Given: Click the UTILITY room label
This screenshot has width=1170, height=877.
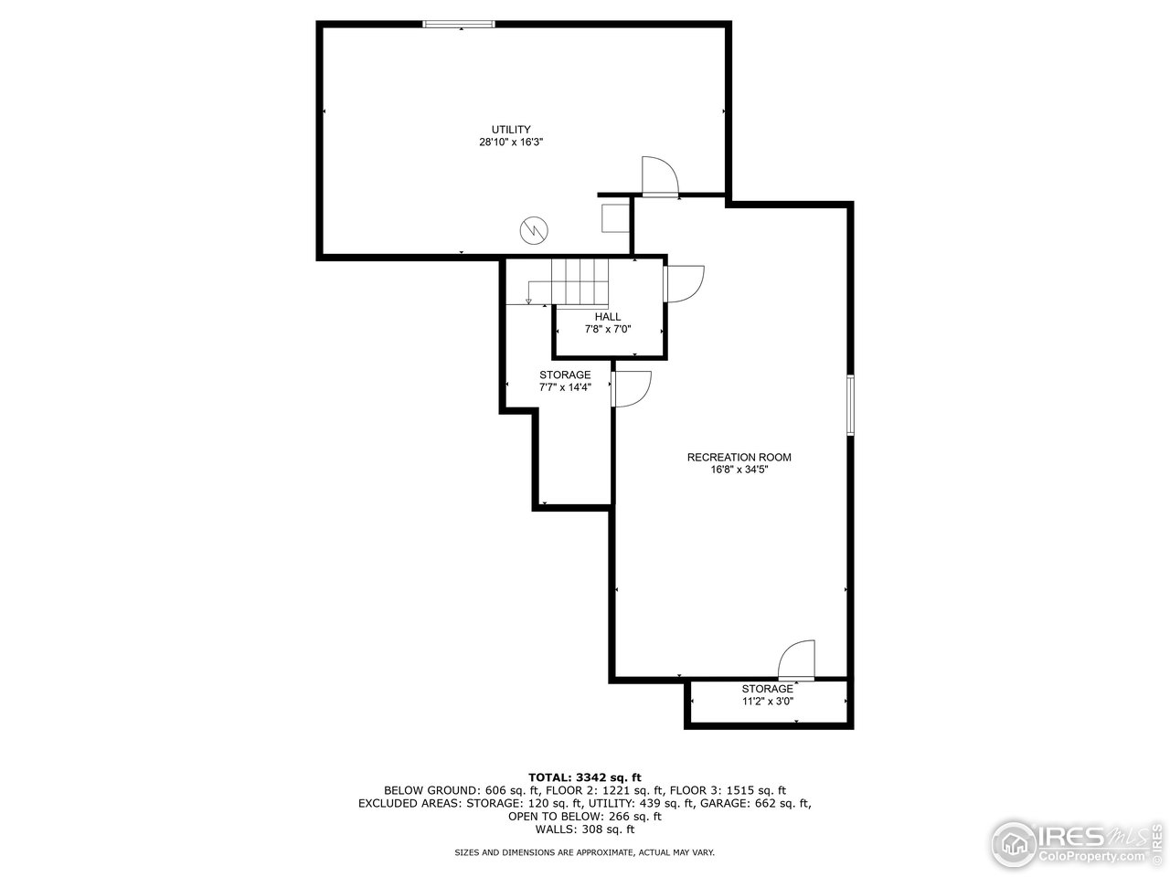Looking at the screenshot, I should point(510,130).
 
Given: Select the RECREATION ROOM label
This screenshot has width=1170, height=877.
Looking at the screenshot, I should point(739,458).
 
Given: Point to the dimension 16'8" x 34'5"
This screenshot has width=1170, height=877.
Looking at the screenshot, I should point(739,470).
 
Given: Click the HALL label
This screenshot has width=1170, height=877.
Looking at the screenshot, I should point(608,317).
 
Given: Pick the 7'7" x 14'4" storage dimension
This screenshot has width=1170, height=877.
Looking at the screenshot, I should point(565,387).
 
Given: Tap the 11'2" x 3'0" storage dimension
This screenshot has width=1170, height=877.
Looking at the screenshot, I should point(767,702).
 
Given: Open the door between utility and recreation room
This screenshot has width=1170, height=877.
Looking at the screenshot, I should point(659,177).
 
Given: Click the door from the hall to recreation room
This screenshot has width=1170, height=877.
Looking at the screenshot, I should point(684,283).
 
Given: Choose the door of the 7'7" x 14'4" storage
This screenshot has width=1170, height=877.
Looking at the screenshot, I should point(631,389).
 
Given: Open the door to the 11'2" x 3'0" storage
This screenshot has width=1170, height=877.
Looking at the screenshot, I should point(796,660).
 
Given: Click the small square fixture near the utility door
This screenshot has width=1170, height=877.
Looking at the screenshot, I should point(614,217).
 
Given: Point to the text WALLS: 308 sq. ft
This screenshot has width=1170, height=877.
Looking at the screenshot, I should point(585,829).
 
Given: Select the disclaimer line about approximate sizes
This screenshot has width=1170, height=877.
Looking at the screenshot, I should point(585,852).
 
